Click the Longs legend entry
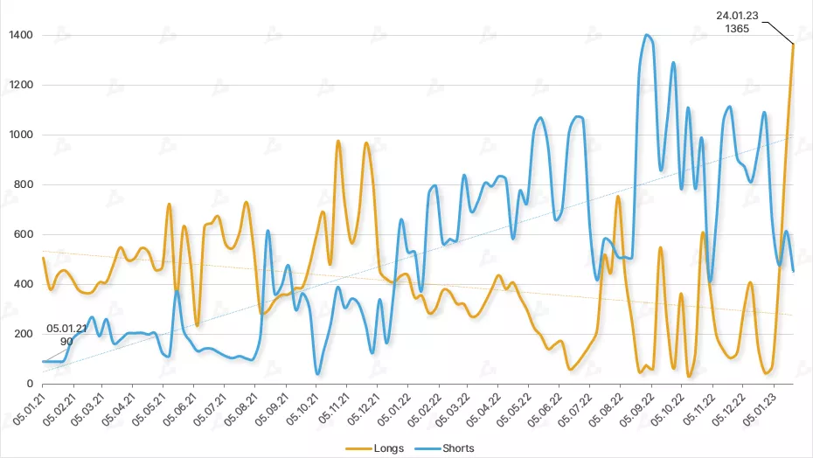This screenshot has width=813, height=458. point(386,448)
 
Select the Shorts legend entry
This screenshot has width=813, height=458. point(457,448)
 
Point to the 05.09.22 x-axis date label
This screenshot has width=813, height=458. point(641,410)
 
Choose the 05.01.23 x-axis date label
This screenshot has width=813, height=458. point(762,410)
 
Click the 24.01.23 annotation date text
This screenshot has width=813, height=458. point(737,15)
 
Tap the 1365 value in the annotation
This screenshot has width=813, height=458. point(737,28)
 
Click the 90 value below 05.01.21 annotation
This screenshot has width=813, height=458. point(66,342)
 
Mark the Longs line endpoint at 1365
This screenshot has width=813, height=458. point(793,44)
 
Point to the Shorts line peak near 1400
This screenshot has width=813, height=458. point(647,35)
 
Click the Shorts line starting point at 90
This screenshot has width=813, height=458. point(43,361)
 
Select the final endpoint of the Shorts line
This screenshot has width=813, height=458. point(793,271)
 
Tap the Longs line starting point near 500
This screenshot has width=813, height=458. point(43,258)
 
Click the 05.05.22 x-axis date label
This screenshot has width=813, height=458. point(519,410)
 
